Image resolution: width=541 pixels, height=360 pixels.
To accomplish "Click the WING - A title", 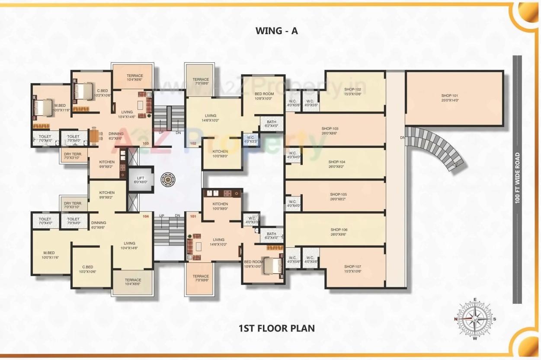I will (x=277, y=31).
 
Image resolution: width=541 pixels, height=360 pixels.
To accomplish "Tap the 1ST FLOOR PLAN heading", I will (x=277, y=328).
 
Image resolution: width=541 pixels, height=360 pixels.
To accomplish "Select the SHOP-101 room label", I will (x=450, y=98).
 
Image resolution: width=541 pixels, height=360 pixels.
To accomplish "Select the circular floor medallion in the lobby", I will (x=167, y=179).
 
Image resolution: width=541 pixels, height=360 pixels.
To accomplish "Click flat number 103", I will (x=146, y=143).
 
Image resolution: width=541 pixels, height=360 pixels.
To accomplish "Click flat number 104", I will (x=146, y=216).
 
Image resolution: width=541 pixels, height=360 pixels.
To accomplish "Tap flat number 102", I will (x=193, y=143).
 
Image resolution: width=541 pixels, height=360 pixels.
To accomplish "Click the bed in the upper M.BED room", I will (x=42, y=108).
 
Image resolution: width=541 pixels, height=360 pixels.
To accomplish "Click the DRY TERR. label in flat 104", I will (x=73, y=205).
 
